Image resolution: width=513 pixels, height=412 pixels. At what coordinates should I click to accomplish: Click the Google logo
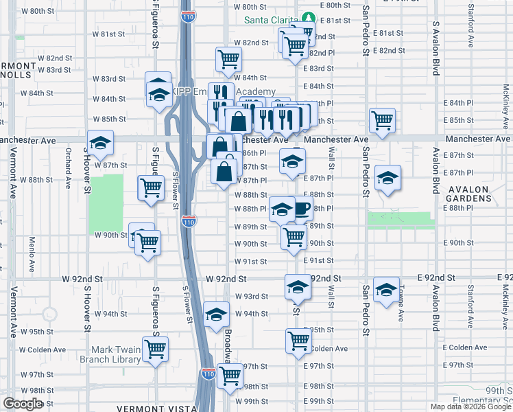pyautogui.click(x=23, y=404)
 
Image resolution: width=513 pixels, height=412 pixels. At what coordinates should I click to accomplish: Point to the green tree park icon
pyautogui.click(x=309, y=19)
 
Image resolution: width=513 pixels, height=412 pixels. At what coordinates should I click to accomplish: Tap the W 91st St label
pyautogui.click(x=250, y=262)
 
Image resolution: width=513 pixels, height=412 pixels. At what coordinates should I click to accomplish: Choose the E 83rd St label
pyautogui.click(x=318, y=69)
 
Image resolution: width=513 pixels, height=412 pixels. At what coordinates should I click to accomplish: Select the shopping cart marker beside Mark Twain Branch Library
pyautogui.click(x=156, y=348)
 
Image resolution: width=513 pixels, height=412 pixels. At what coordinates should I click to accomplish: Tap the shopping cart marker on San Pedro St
pyautogui.click(x=382, y=120)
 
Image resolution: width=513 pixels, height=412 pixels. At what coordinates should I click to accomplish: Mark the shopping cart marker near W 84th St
pyautogui.click(x=228, y=58)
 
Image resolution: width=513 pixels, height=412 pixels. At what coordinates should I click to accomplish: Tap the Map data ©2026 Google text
pyautogui.click(x=470, y=407)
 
